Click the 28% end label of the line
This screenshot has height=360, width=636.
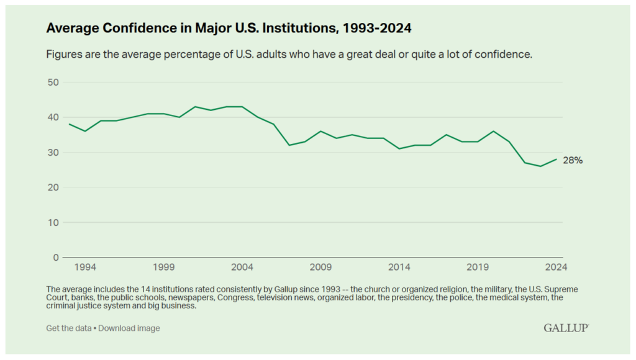[573, 160]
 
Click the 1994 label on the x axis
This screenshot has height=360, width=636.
[85, 268]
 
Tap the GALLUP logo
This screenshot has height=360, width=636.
[566, 327]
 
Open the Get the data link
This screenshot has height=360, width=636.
[68, 328]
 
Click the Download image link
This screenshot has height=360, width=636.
[129, 328]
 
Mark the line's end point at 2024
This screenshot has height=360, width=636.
[556, 159]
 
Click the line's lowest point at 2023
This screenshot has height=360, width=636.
[541, 166]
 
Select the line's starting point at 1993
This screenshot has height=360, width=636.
[70, 124]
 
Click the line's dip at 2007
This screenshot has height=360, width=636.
[289, 145]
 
